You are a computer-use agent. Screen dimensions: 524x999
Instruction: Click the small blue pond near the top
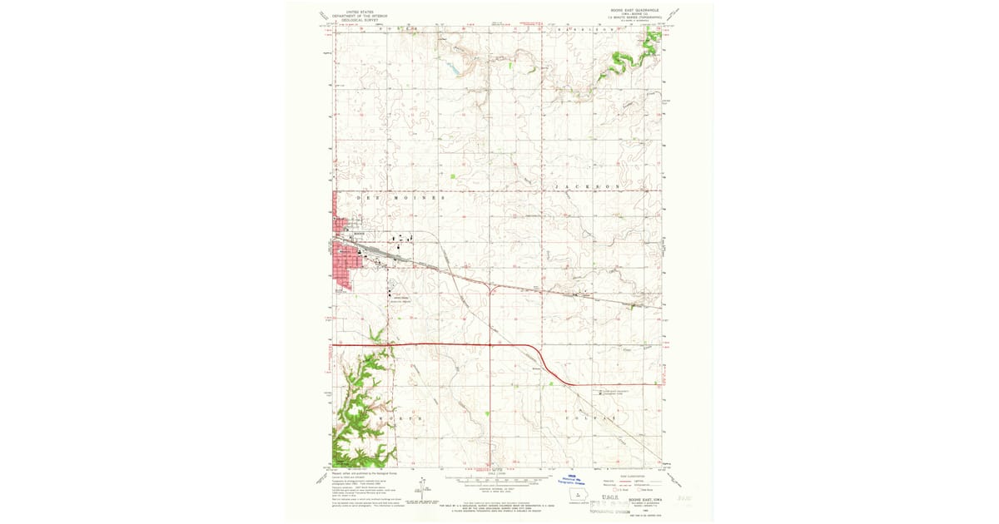pyautogui.click(x=454, y=72)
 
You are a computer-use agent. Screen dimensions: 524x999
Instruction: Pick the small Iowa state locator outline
pyautogui.click(x=577, y=497)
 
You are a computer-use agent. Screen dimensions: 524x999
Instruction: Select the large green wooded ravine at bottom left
pyautogui.click(x=362, y=408)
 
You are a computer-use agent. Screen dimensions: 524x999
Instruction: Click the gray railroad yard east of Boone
pyautogui.click(x=391, y=255)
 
